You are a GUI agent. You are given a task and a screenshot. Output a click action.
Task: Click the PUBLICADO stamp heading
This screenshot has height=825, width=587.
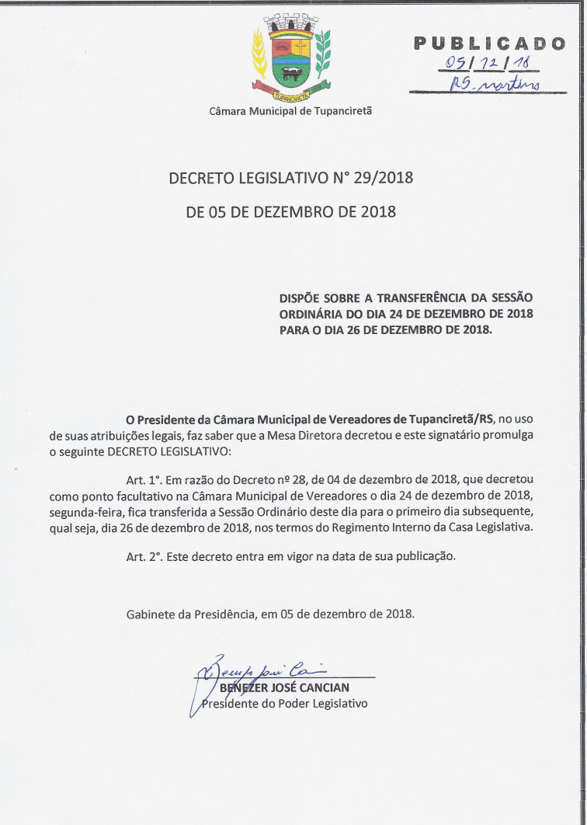tap(489, 44)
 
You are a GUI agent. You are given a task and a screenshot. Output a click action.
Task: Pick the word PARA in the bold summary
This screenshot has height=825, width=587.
tap(294, 329)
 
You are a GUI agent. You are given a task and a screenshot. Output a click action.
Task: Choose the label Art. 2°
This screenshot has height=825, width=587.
tap(144, 556)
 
